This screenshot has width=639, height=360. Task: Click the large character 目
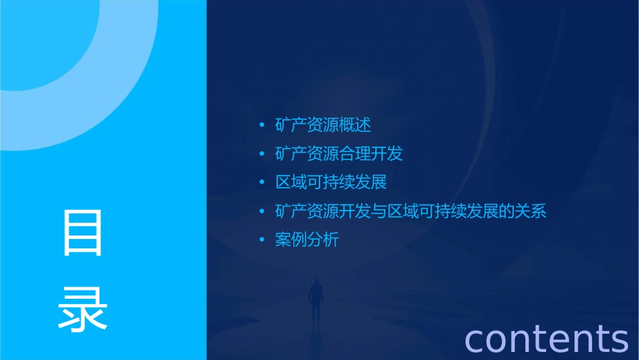click(x=83, y=233)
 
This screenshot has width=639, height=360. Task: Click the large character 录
click(x=83, y=307)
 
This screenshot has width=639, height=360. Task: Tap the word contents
click(x=546, y=338)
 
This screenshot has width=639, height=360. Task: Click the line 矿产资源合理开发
click(x=338, y=153)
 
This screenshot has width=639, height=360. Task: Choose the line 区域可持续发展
click(x=331, y=182)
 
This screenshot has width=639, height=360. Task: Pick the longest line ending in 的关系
click(x=410, y=211)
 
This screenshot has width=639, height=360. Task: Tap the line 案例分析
click(x=307, y=240)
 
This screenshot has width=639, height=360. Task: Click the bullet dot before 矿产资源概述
click(x=262, y=125)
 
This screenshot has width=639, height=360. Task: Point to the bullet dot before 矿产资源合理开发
click(x=262, y=154)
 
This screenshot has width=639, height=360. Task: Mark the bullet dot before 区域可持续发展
click(x=262, y=182)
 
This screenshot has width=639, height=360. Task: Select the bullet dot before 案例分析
click(x=262, y=240)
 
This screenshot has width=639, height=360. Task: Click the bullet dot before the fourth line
click(x=262, y=211)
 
